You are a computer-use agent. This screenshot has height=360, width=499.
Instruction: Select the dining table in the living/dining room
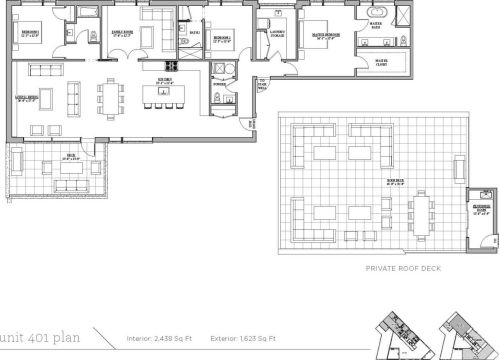108,97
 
